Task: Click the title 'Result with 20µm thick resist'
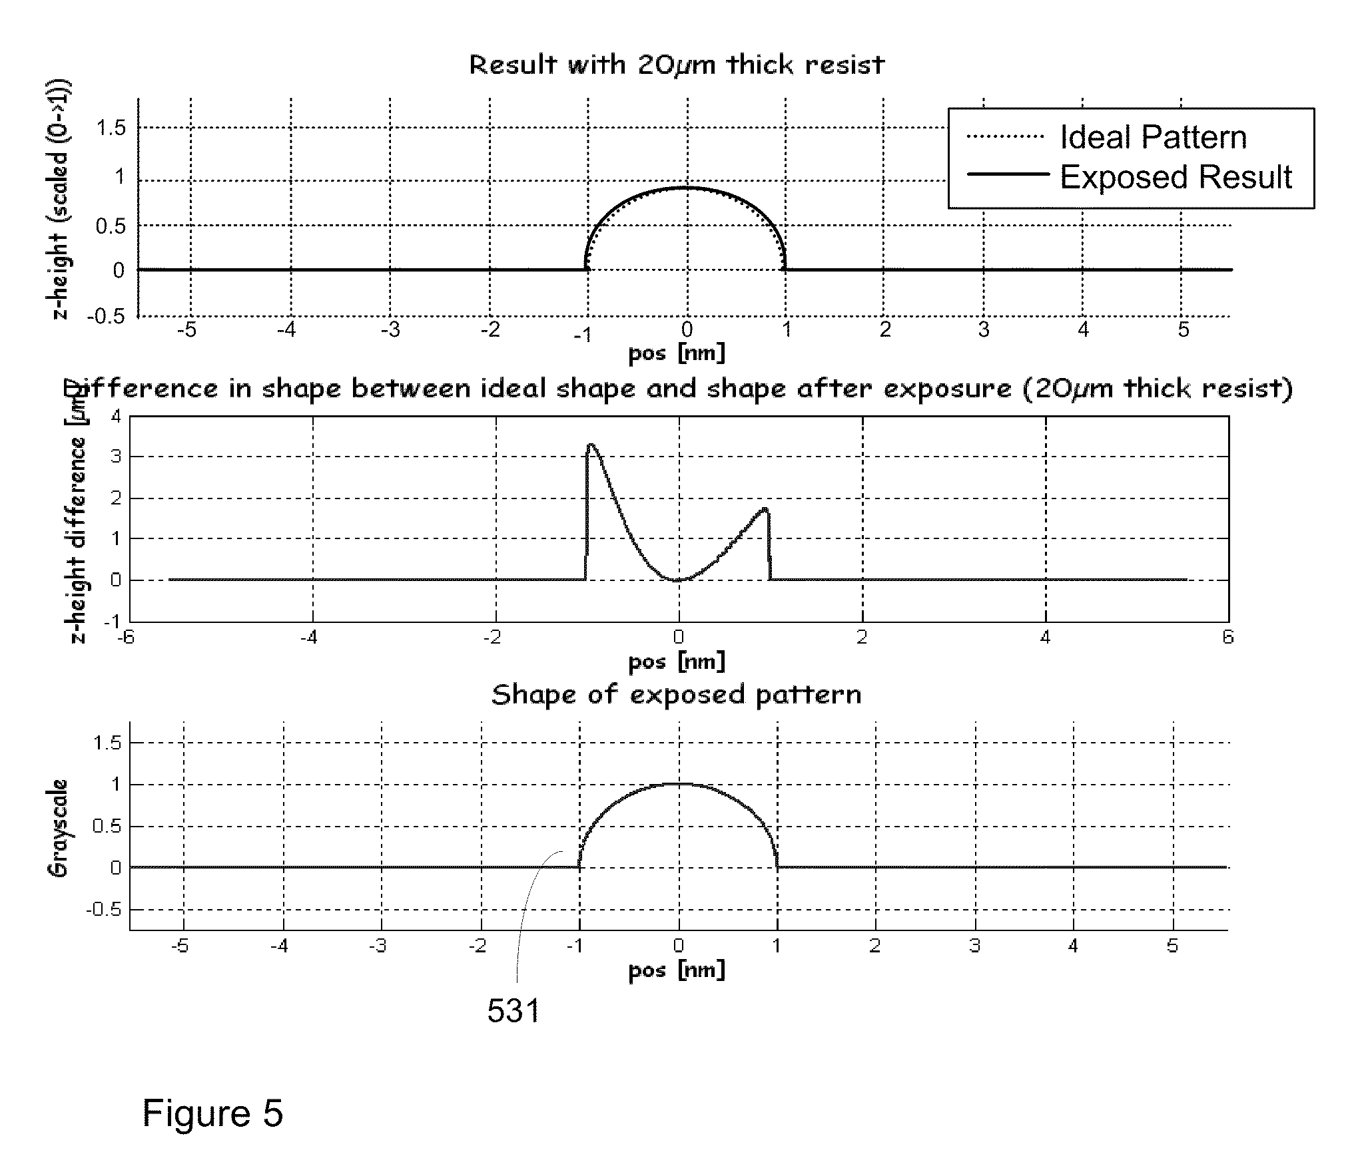tap(677, 65)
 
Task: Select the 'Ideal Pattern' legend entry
tap(1152, 138)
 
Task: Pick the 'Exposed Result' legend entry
tap(1176, 177)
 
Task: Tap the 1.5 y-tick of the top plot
tap(111, 128)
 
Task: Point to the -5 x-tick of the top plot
tap(190, 329)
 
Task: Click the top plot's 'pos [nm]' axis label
tap(677, 353)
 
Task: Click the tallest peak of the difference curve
tap(591, 445)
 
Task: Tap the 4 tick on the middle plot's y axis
tap(117, 417)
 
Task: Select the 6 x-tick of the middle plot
tap(1228, 638)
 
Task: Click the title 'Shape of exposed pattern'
tap(677, 695)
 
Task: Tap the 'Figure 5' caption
tap(212, 1113)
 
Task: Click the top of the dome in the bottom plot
tap(679, 784)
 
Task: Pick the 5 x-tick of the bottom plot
tap(1173, 946)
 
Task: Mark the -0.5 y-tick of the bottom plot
tap(105, 910)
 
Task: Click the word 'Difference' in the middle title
tap(140, 389)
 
